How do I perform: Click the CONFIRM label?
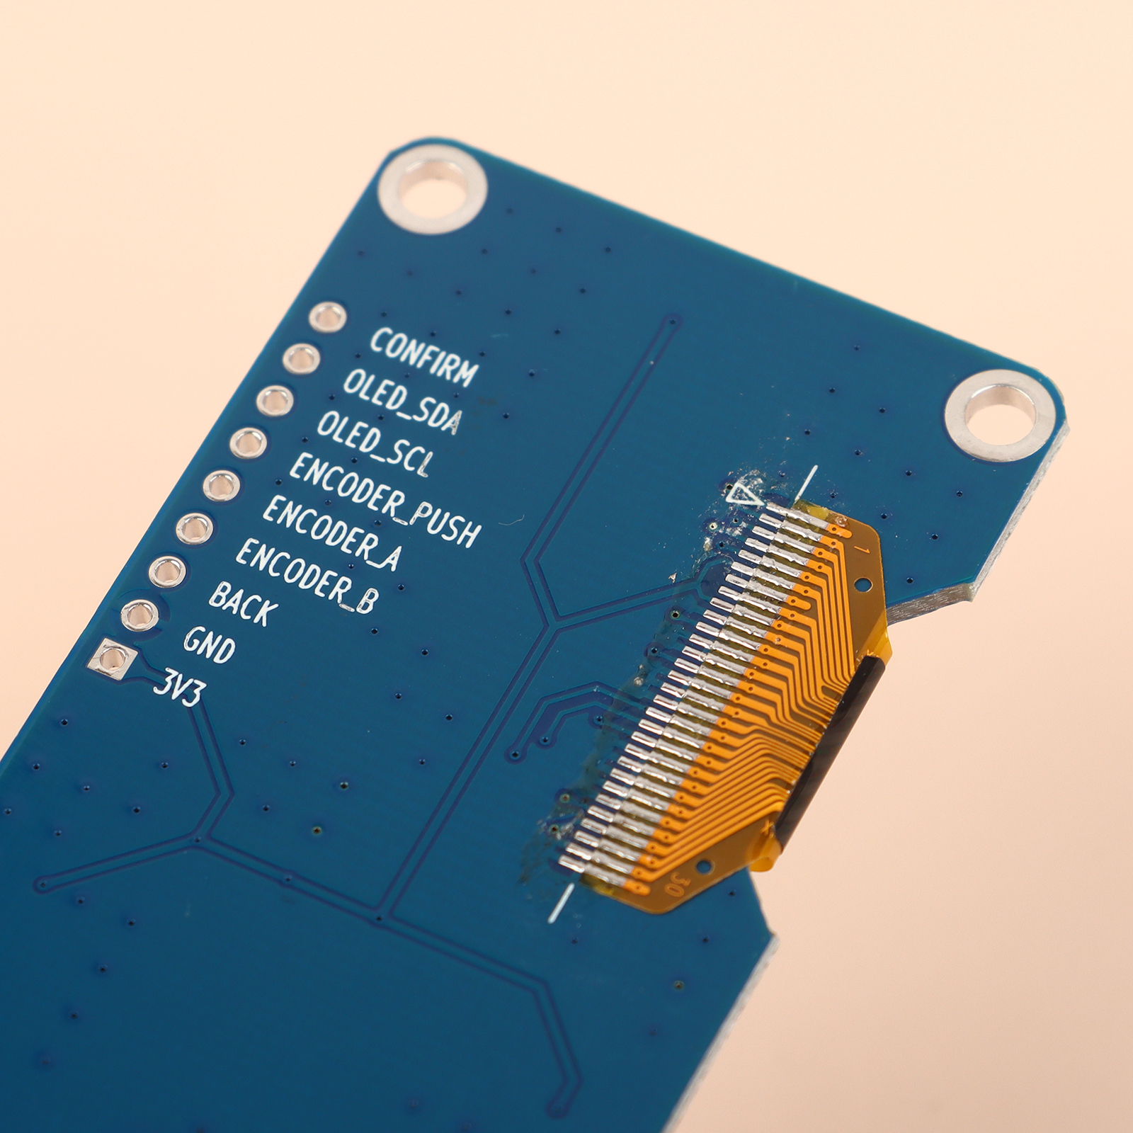click(x=424, y=357)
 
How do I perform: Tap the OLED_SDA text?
click(x=402, y=401)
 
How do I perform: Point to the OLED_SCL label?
click(x=374, y=443)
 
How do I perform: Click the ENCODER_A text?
click(x=332, y=533)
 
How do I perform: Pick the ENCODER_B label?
click(x=306, y=575)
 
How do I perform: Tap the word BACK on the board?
click(x=244, y=603)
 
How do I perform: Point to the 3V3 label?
click(x=178, y=686)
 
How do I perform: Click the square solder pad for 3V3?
click(x=112, y=660)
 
